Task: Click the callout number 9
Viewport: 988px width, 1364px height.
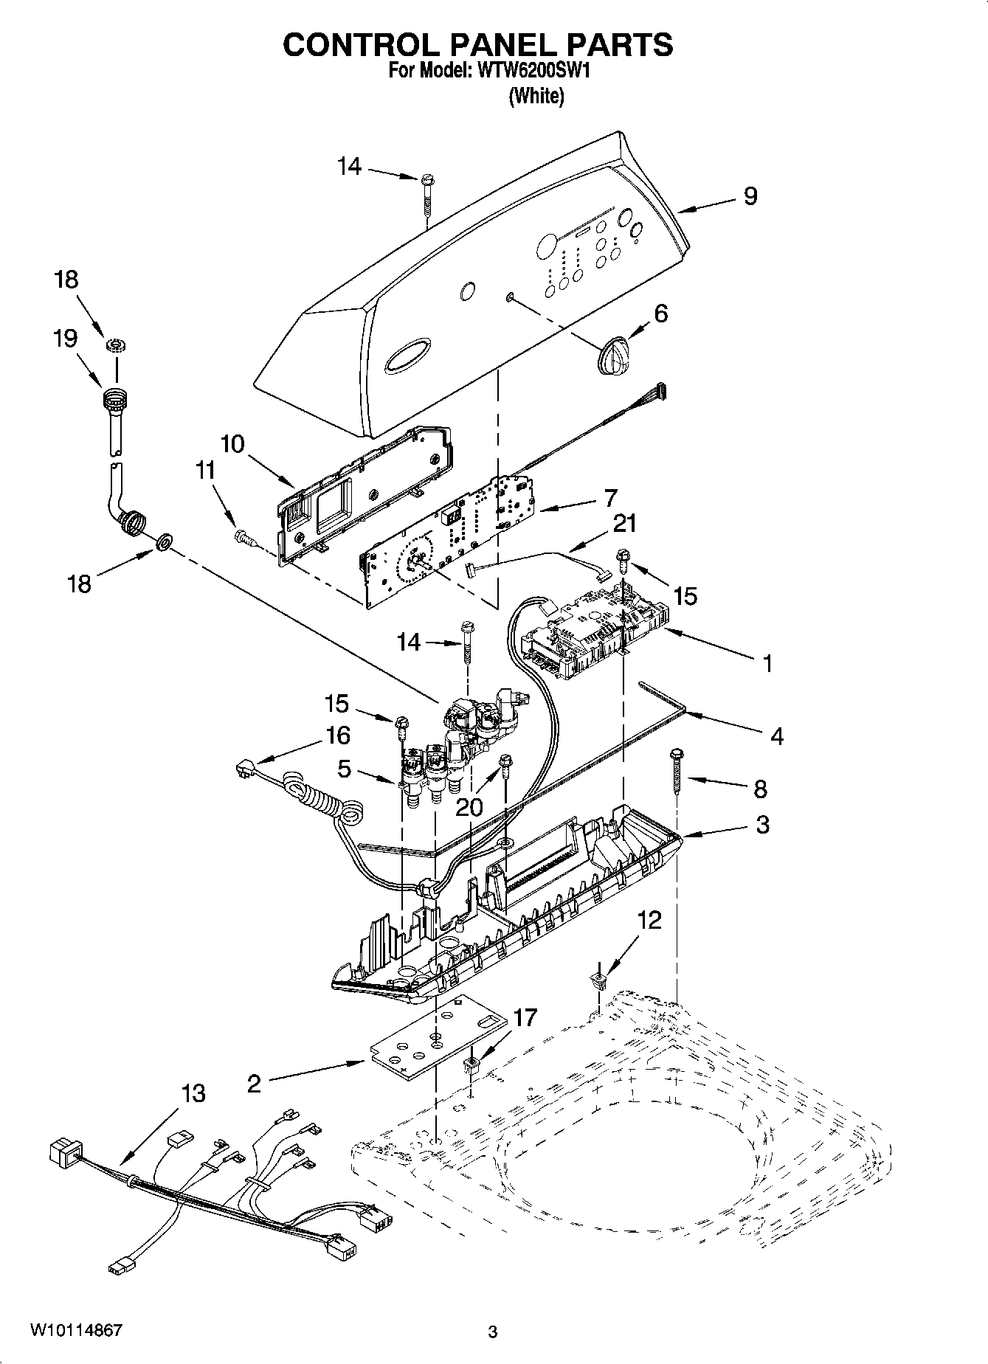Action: [750, 196]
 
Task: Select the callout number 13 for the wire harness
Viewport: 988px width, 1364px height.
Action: [193, 1093]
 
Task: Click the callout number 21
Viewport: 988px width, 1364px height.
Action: [623, 524]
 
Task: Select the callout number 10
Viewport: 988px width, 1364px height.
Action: [232, 444]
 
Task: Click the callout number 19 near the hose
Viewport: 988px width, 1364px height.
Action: [66, 339]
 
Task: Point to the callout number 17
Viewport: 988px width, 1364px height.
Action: [525, 1018]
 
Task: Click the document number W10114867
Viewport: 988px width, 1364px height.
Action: [76, 1331]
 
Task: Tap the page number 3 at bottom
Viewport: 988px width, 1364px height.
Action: [493, 1332]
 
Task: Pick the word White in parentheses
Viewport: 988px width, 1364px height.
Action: [536, 96]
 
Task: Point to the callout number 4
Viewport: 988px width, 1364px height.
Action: [776, 735]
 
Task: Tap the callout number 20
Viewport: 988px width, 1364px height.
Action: [469, 807]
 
